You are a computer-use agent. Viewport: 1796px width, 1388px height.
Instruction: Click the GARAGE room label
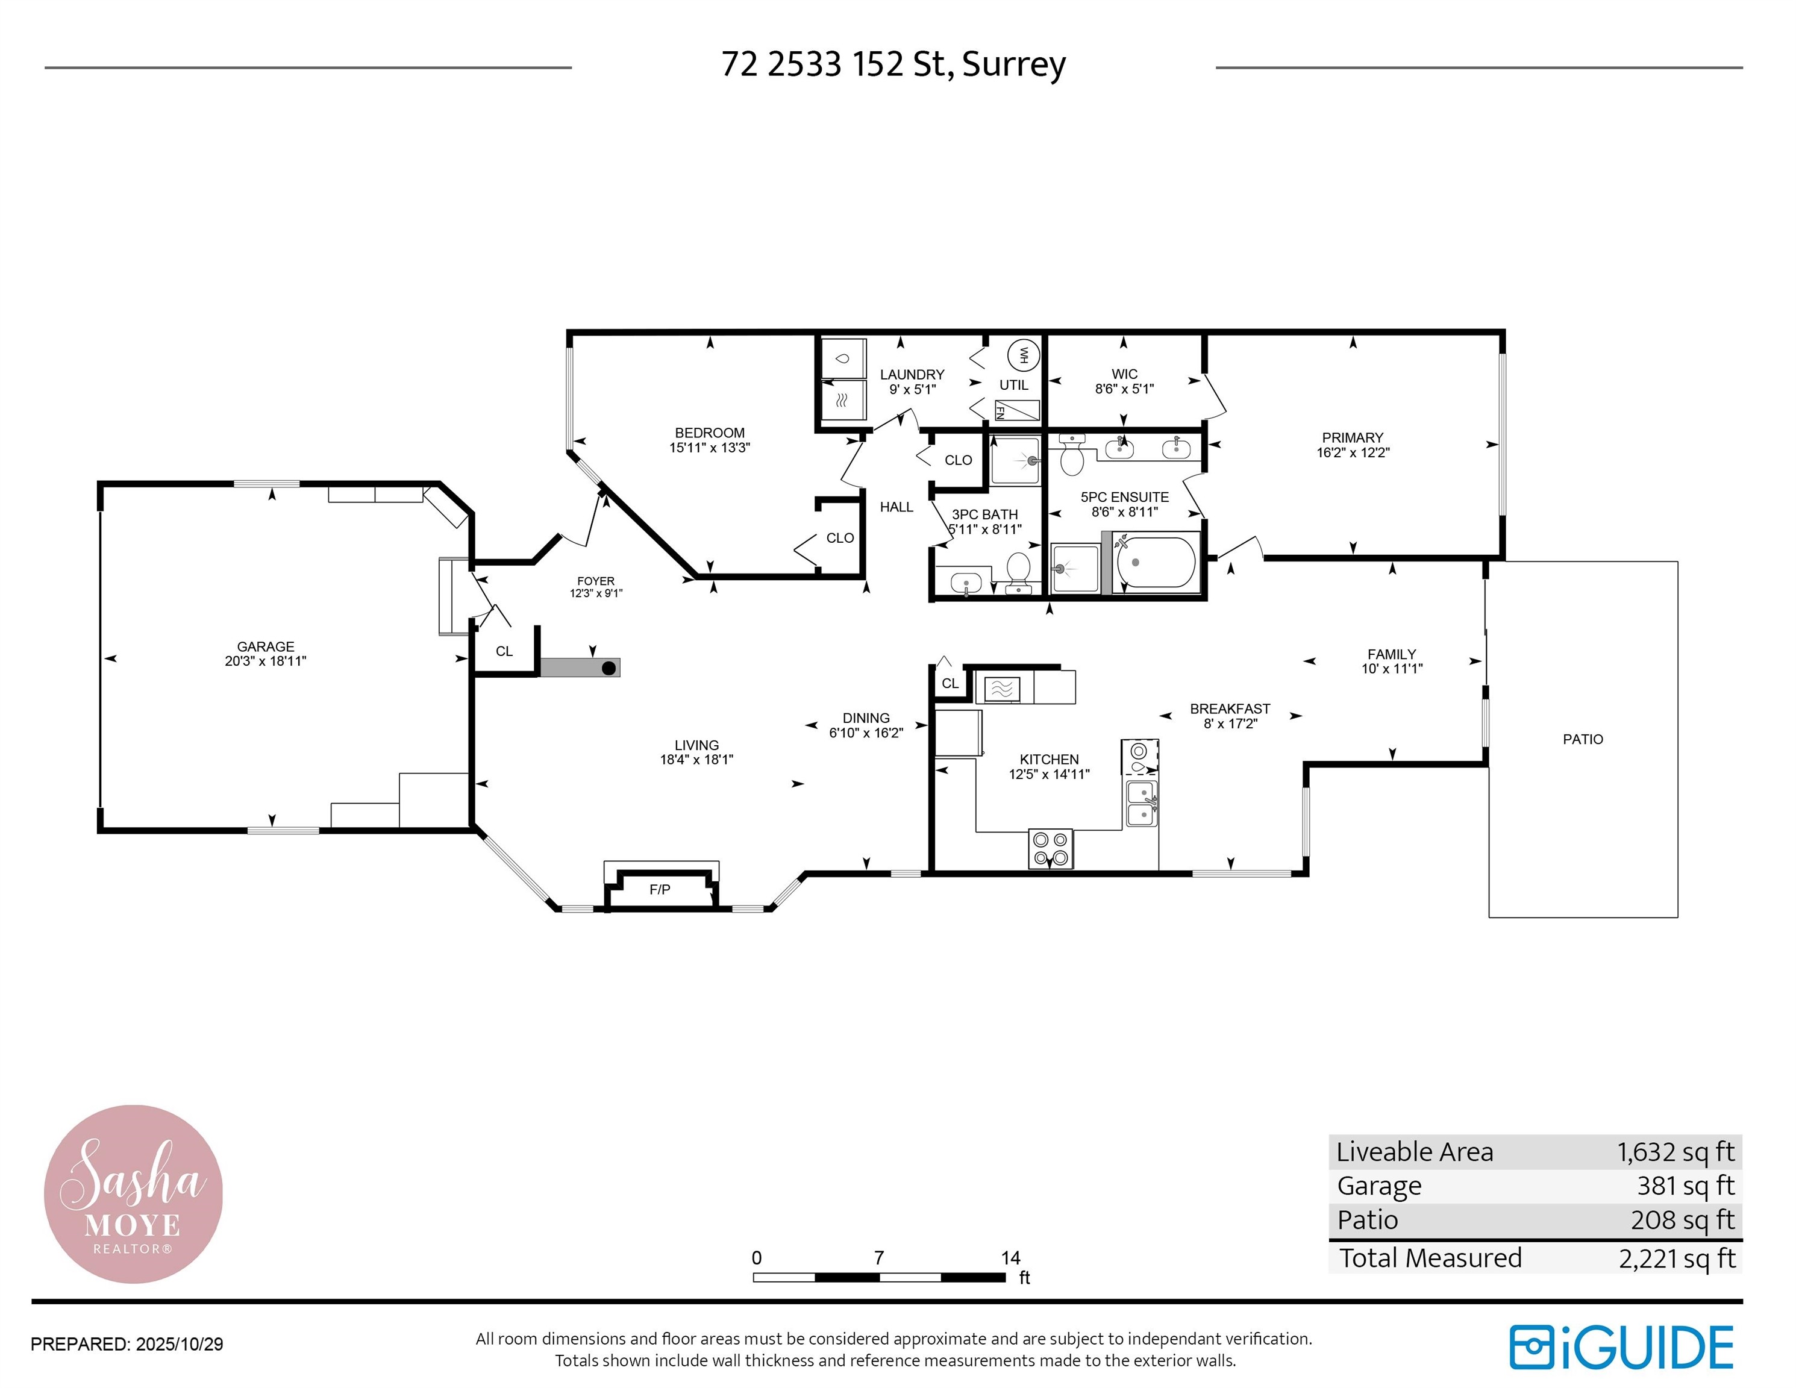pos(265,647)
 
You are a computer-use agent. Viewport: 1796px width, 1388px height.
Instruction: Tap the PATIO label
pos(1582,739)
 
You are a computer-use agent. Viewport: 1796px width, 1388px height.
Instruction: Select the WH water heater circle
pos(1024,355)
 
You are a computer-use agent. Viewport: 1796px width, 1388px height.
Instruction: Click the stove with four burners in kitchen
pos(1050,849)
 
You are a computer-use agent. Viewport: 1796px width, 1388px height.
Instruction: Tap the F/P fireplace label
pos(660,890)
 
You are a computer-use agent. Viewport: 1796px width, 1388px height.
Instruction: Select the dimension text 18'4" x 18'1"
pos(696,760)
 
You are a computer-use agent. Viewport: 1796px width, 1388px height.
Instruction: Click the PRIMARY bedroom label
pos(1352,437)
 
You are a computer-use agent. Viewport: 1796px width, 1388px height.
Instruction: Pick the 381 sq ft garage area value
pos(1685,1186)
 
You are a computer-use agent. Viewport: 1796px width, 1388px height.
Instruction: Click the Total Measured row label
pos(1430,1258)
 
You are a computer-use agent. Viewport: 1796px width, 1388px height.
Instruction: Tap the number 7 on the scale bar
pos(878,1258)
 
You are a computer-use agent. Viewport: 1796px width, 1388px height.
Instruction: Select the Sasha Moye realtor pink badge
pos(133,1194)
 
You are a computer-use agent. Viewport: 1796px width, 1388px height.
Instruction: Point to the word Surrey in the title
pos(1013,64)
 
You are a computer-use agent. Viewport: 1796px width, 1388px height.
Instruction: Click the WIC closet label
pos(1124,374)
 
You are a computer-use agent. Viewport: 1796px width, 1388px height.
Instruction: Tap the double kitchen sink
pos(1142,804)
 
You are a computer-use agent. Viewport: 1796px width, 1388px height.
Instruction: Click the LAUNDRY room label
pos(912,375)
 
